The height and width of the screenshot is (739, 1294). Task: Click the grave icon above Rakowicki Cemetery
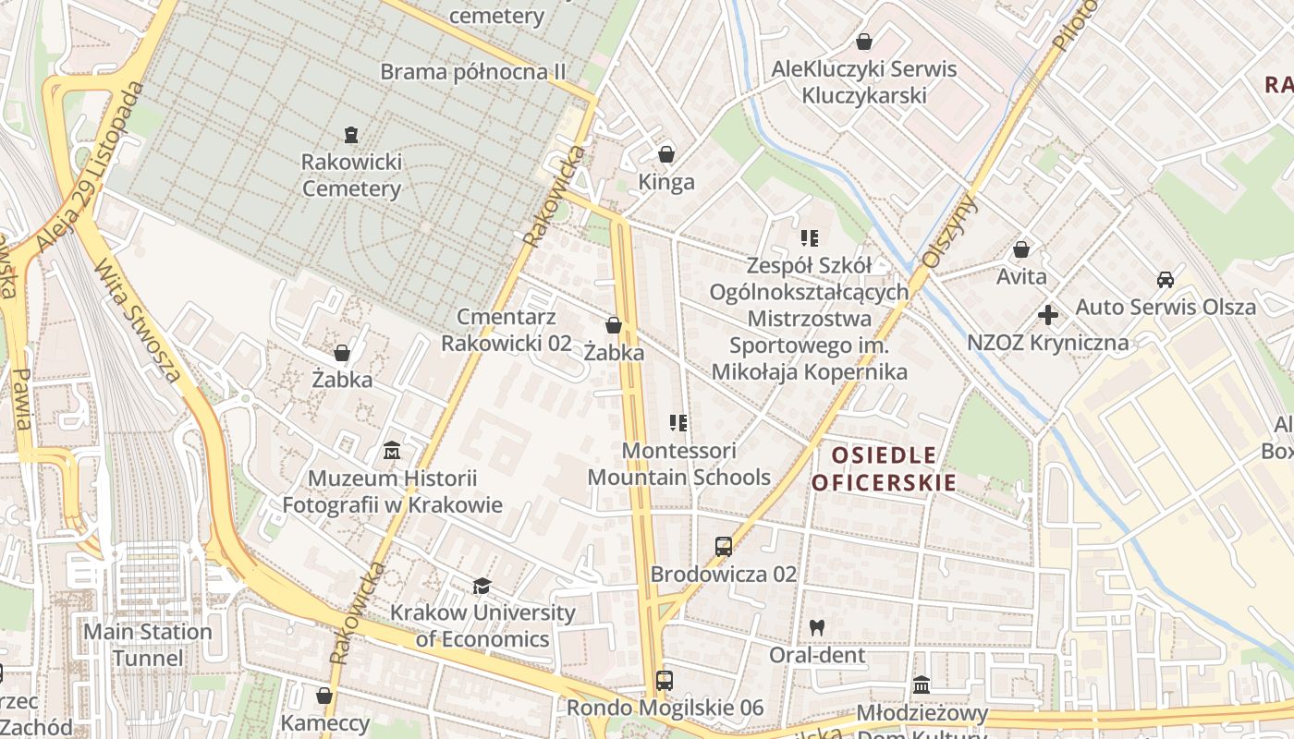tap(350, 136)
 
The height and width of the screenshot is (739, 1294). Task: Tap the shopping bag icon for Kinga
tap(665, 154)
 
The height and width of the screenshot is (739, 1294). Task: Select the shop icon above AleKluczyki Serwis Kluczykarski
tap(863, 42)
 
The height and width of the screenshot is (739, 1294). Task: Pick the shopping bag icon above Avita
tap(1021, 249)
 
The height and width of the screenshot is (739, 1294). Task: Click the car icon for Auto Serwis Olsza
tap(1165, 279)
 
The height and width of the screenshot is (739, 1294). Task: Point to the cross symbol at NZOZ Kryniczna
tap(1047, 315)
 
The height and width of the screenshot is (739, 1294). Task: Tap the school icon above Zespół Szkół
tap(810, 238)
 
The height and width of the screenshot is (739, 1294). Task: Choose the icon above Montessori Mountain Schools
tap(678, 423)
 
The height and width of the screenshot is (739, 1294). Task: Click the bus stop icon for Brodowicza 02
tap(723, 546)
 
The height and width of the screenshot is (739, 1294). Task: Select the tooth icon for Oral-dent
tap(815, 627)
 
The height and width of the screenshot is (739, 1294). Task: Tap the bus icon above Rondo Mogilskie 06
tap(664, 681)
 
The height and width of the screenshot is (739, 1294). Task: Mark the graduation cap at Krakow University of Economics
tap(482, 586)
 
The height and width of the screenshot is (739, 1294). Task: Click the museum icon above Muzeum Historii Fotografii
tap(392, 451)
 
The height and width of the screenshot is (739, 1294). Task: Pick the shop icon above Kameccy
tap(324, 696)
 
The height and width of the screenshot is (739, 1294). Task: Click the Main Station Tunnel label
tap(148, 645)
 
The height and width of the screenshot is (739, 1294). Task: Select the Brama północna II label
tap(473, 71)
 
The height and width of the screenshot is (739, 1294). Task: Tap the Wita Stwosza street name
tap(139, 320)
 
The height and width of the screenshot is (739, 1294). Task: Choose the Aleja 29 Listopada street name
tap(92, 166)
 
